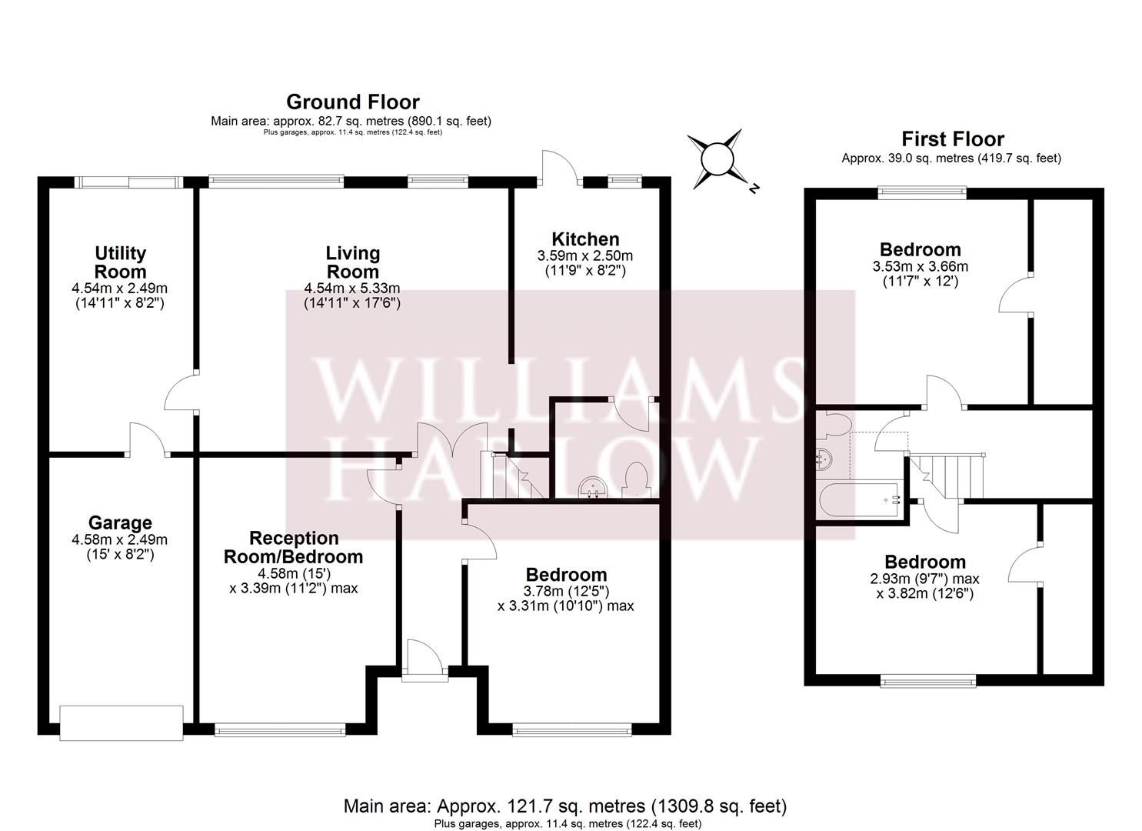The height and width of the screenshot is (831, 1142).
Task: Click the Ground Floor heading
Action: [352, 102]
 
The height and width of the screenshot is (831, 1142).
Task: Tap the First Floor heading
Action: [952, 139]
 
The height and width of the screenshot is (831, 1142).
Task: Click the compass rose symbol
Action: [717, 159]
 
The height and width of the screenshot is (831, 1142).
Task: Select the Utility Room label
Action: [120, 262]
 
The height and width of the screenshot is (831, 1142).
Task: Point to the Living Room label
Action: [352, 262]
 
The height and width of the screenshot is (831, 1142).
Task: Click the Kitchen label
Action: [585, 239]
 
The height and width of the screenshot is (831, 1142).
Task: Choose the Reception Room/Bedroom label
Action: [293, 547]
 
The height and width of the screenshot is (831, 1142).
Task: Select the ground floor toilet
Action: [637, 479]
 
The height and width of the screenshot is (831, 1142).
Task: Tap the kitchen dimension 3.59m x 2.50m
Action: [585, 255]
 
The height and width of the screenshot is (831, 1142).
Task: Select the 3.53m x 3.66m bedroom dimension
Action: [920, 266]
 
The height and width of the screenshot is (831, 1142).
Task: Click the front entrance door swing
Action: [421, 659]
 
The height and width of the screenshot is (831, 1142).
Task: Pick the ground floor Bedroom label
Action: [566, 575]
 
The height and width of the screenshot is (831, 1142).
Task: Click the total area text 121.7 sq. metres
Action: [564, 806]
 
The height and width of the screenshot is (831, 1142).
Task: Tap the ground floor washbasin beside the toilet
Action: [592, 487]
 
